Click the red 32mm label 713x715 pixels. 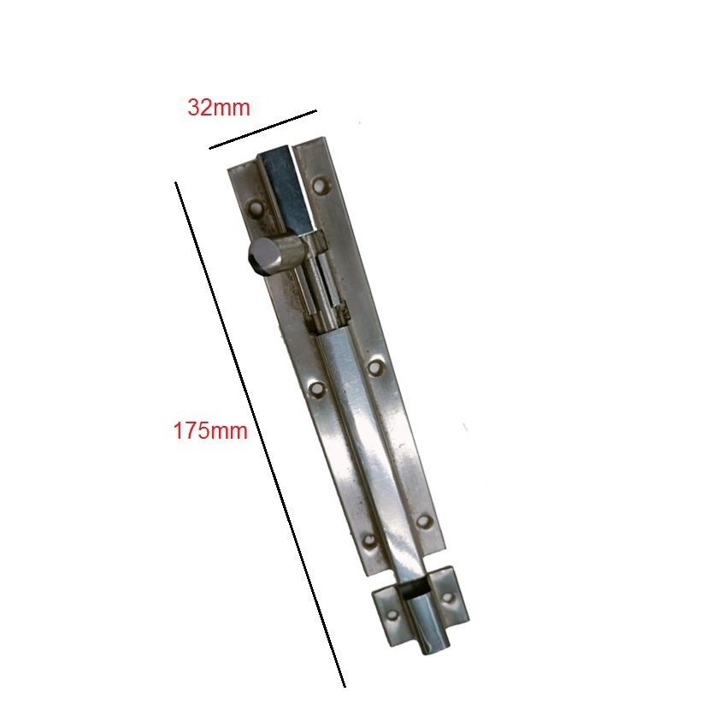pyautogui.click(x=219, y=108)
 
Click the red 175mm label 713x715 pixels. pyautogui.click(x=210, y=431)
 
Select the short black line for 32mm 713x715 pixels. pyautogui.click(x=262, y=129)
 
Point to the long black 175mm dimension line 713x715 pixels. pyautogui.click(x=260, y=434)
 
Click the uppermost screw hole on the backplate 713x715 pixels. pyautogui.click(x=322, y=185)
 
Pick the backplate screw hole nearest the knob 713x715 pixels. pyautogui.click(x=256, y=209)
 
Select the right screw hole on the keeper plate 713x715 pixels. pyautogui.click(x=448, y=598)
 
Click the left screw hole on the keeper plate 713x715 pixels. pyautogui.click(x=392, y=615)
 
